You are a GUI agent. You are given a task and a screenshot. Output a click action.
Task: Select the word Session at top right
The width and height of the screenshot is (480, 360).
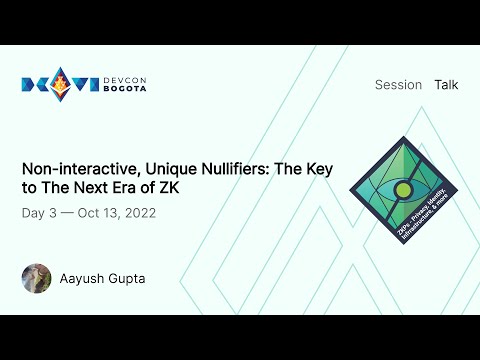398,85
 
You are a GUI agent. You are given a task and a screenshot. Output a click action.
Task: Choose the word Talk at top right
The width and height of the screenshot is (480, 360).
446,85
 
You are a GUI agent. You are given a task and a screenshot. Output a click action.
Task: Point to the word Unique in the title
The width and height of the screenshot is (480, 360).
163,169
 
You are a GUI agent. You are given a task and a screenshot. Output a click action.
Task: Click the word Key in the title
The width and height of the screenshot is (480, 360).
319,169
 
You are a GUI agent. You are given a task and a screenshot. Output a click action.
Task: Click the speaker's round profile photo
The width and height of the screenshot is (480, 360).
36,278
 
